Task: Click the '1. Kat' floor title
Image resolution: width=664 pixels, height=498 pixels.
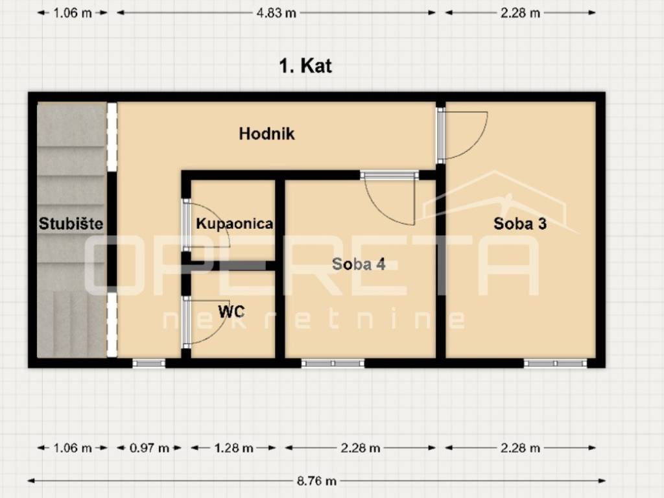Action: coord(305,65)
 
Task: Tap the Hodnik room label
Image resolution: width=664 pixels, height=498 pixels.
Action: coord(267,134)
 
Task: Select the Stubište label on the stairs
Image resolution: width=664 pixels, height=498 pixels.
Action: coord(71,223)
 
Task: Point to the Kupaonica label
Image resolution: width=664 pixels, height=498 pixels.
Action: coord(234,223)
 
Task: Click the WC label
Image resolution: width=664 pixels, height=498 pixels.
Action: coord(231,312)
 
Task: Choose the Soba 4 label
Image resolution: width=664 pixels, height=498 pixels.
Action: coord(359,264)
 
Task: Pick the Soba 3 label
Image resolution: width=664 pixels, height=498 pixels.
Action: coord(520,223)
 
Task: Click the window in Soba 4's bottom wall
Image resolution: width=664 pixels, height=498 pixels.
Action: coord(333,363)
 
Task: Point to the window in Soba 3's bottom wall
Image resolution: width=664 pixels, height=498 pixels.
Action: coord(555,363)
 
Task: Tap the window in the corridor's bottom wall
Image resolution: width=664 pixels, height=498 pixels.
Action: coord(148,363)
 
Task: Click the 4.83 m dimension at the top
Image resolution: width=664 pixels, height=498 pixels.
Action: coord(276,13)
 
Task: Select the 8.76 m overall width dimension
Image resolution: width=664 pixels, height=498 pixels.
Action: coord(316,480)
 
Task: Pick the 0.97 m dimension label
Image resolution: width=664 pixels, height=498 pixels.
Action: coord(149,447)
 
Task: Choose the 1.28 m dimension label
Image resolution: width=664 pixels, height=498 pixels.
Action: coord(233,447)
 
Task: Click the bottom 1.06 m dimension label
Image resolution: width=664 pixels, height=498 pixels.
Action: coord(73,447)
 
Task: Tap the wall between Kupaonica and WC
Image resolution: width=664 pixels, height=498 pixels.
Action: coord(233,265)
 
